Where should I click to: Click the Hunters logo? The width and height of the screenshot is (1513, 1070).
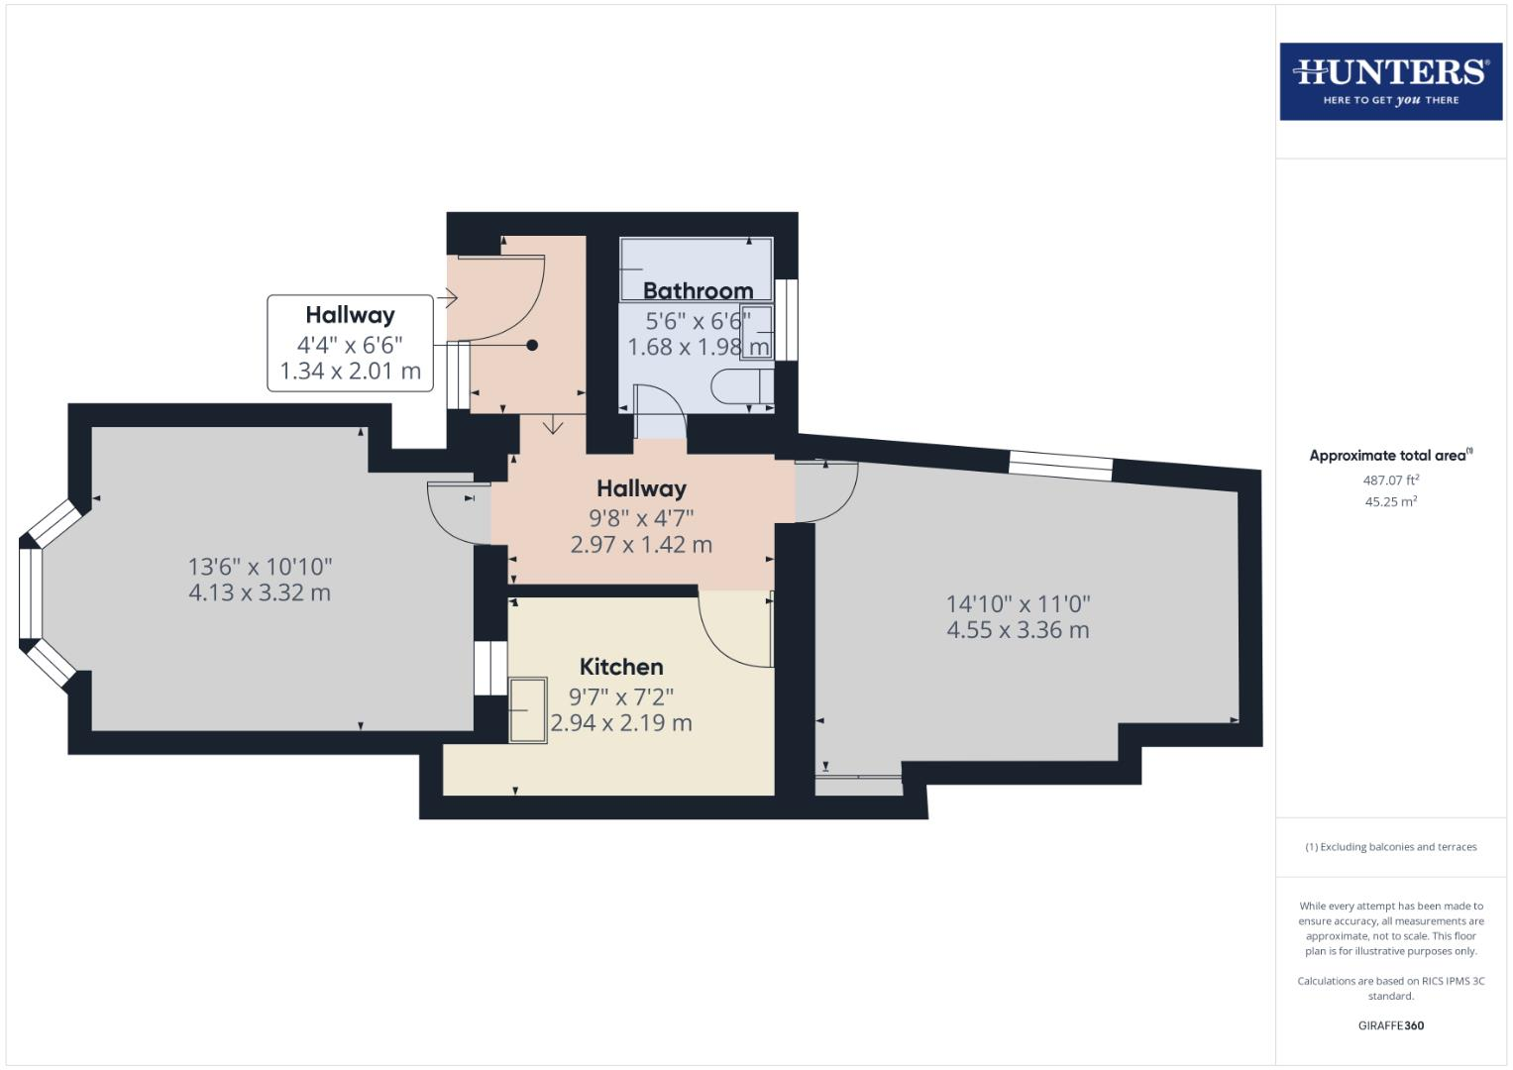pos(1390,81)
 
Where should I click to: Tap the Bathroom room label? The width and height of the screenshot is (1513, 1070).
pos(698,290)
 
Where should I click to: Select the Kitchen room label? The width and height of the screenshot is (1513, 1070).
pos(621,667)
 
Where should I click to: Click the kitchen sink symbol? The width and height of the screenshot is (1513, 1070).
pos(527,710)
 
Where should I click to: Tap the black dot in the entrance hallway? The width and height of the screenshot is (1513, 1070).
pos(532,345)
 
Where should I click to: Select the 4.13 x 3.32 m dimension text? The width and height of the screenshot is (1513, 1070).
pos(260,593)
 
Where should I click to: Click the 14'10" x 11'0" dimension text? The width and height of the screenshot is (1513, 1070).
pos(1018,603)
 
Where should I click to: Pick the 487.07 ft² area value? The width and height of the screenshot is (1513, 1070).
pos(1390,481)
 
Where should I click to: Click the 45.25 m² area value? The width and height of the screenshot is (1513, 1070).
pos(1390,502)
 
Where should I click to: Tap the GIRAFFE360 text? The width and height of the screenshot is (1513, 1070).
pos(1390,1025)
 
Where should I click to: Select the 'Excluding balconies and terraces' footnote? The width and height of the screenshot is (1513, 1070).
pos(1390,847)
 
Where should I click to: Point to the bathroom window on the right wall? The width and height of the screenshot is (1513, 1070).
pos(787,319)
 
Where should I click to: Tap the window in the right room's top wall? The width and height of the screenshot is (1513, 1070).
pos(1061,465)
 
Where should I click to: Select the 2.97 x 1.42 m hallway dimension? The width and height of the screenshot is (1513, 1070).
pos(641,545)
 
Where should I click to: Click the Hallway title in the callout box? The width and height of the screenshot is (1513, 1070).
pos(350,315)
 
